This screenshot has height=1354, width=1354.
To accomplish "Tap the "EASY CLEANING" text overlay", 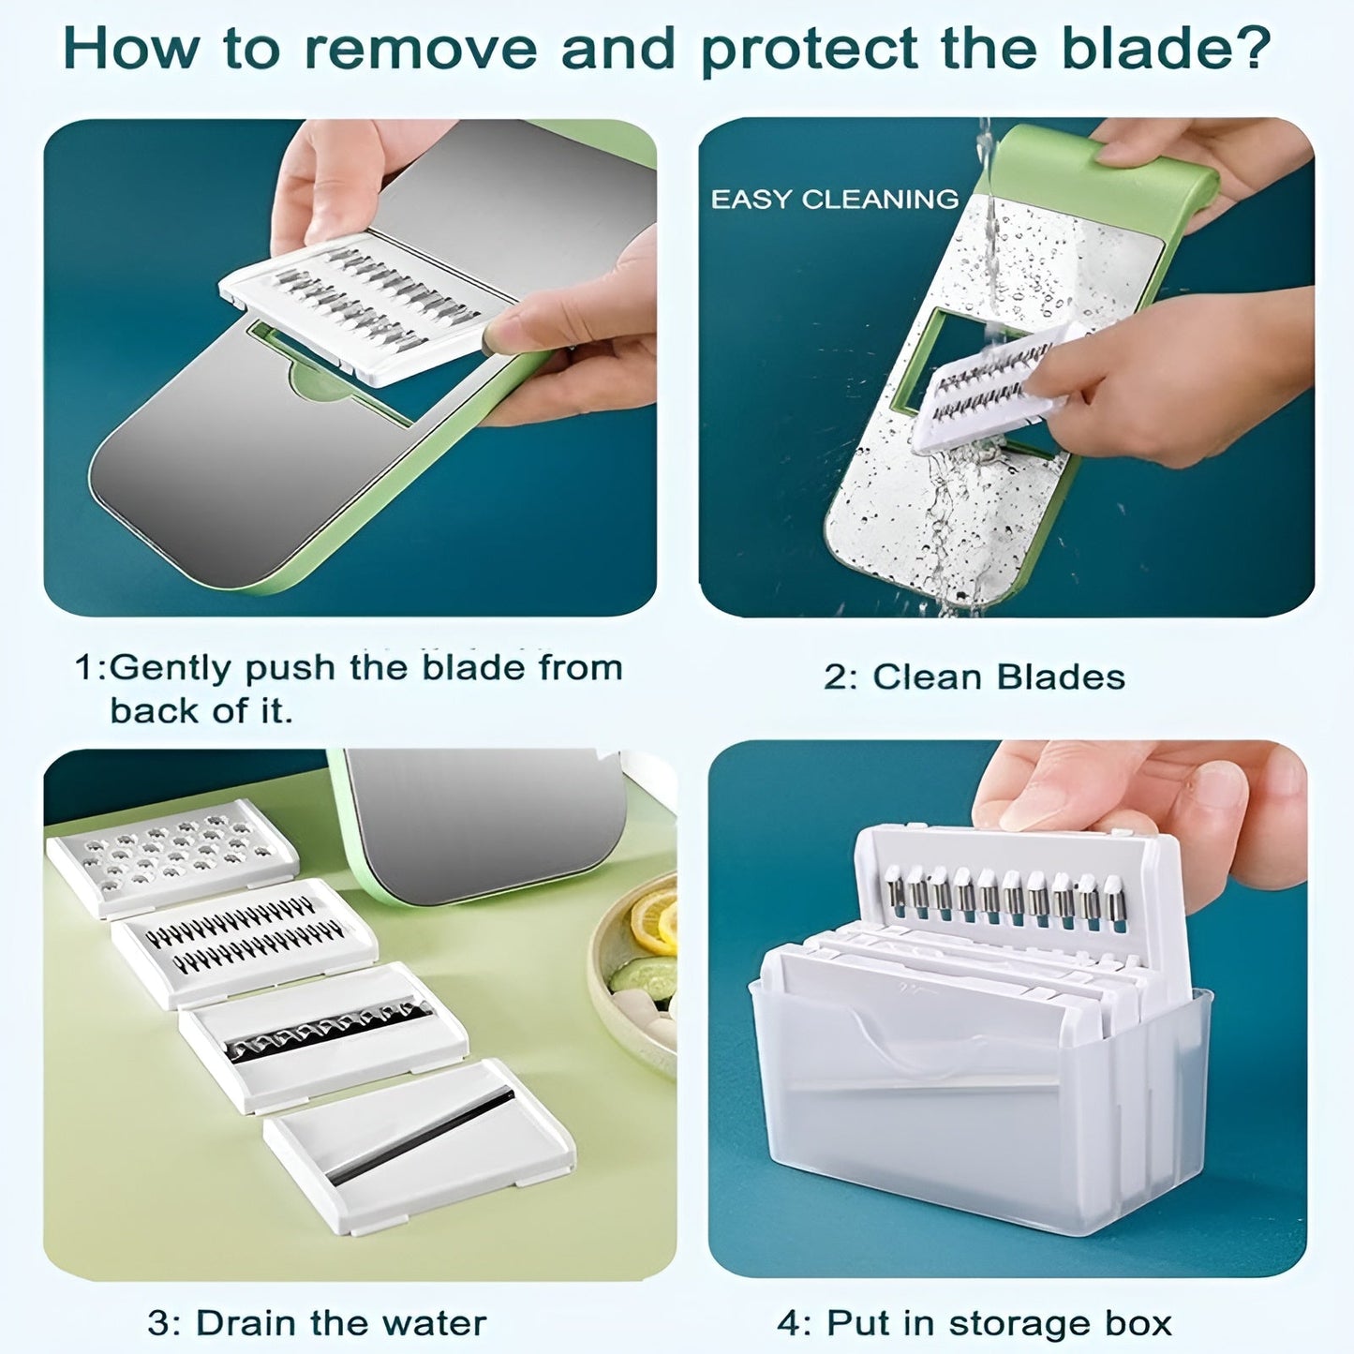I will coord(834,200).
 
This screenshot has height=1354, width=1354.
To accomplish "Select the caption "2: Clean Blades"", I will coord(974,677).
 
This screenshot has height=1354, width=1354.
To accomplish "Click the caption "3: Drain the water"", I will coord(317,1322).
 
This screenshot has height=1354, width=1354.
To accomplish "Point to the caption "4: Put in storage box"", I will coord(975,1322).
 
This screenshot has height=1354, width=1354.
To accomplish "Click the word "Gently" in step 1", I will coord(171,668).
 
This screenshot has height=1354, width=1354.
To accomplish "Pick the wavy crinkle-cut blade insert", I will coord(324,1035).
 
